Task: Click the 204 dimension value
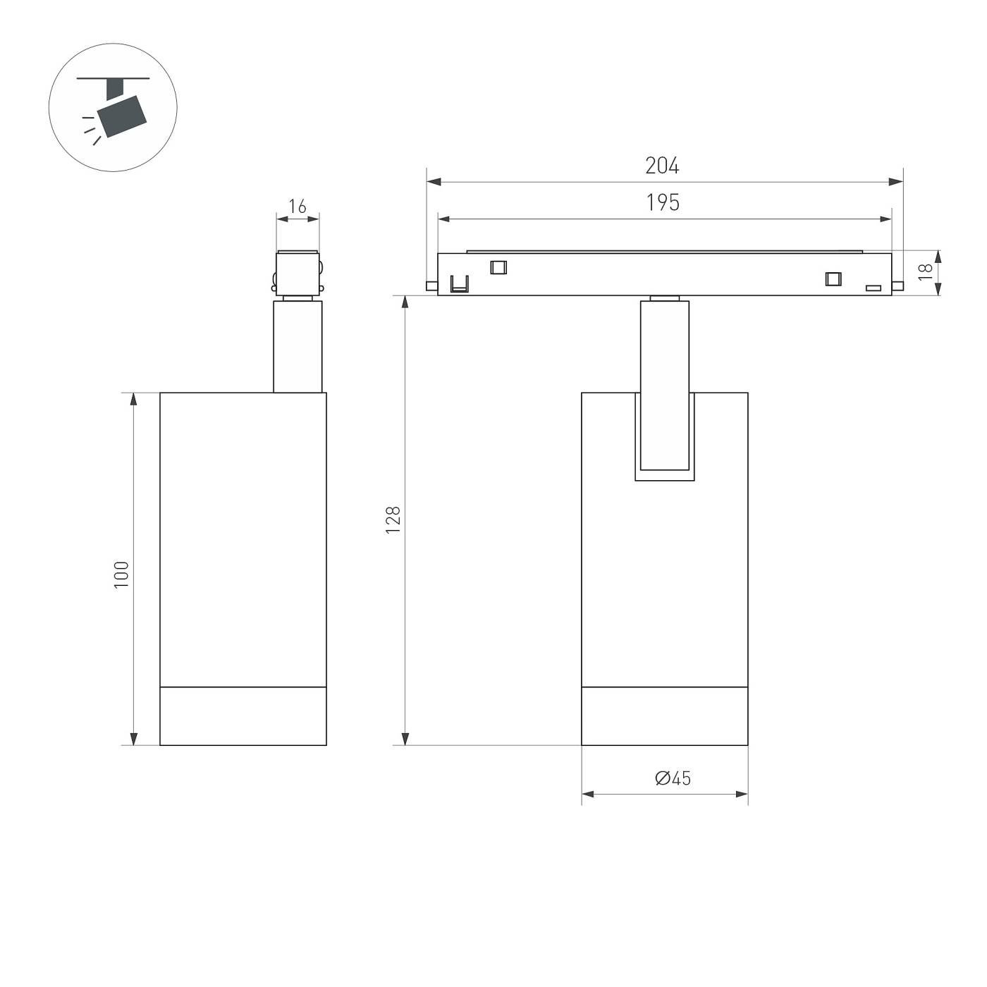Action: pyautogui.click(x=662, y=166)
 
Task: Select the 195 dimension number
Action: pyautogui.click(x=663, y=203)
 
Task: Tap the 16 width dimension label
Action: pyautogui.click(x=298, y=207)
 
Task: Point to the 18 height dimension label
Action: pyautogui.click(x=926, y=271)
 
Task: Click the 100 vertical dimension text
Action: pyautogui.click(x=122, y=575)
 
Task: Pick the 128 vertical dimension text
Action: pyautogui.click(x=393, y=520)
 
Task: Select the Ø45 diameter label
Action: pyautogui.click(x=673, y=778)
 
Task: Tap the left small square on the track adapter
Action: pyautogui.click(x=498, y=267)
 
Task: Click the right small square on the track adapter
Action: pyautogui.click(x=833, y=278)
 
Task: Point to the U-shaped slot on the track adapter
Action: pyautogui.click(x=460, y=284)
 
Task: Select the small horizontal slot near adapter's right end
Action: pyautogui.click(x=873, y=288)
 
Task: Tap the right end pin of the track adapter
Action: pyautogui.click(x=897, y=285)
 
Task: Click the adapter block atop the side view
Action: pyautogui.click(x=298, y=273)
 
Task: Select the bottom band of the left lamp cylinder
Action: pyautogui.click(x=243, y=716)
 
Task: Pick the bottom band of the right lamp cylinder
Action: pyautogui.click(x=664, y=716)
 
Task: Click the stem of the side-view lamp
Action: pyautogui.click(x=298, y=346)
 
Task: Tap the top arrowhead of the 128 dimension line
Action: pyautogui.click(x=405, y=302)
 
